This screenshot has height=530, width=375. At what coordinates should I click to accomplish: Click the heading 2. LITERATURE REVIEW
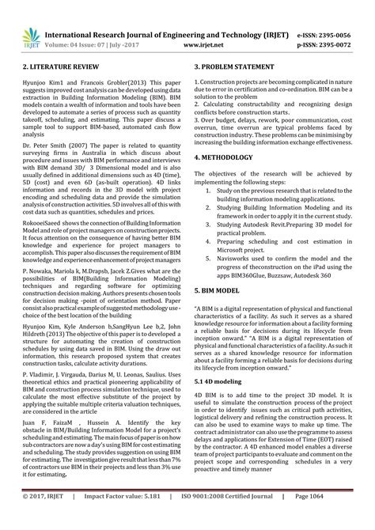click(55, 69)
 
